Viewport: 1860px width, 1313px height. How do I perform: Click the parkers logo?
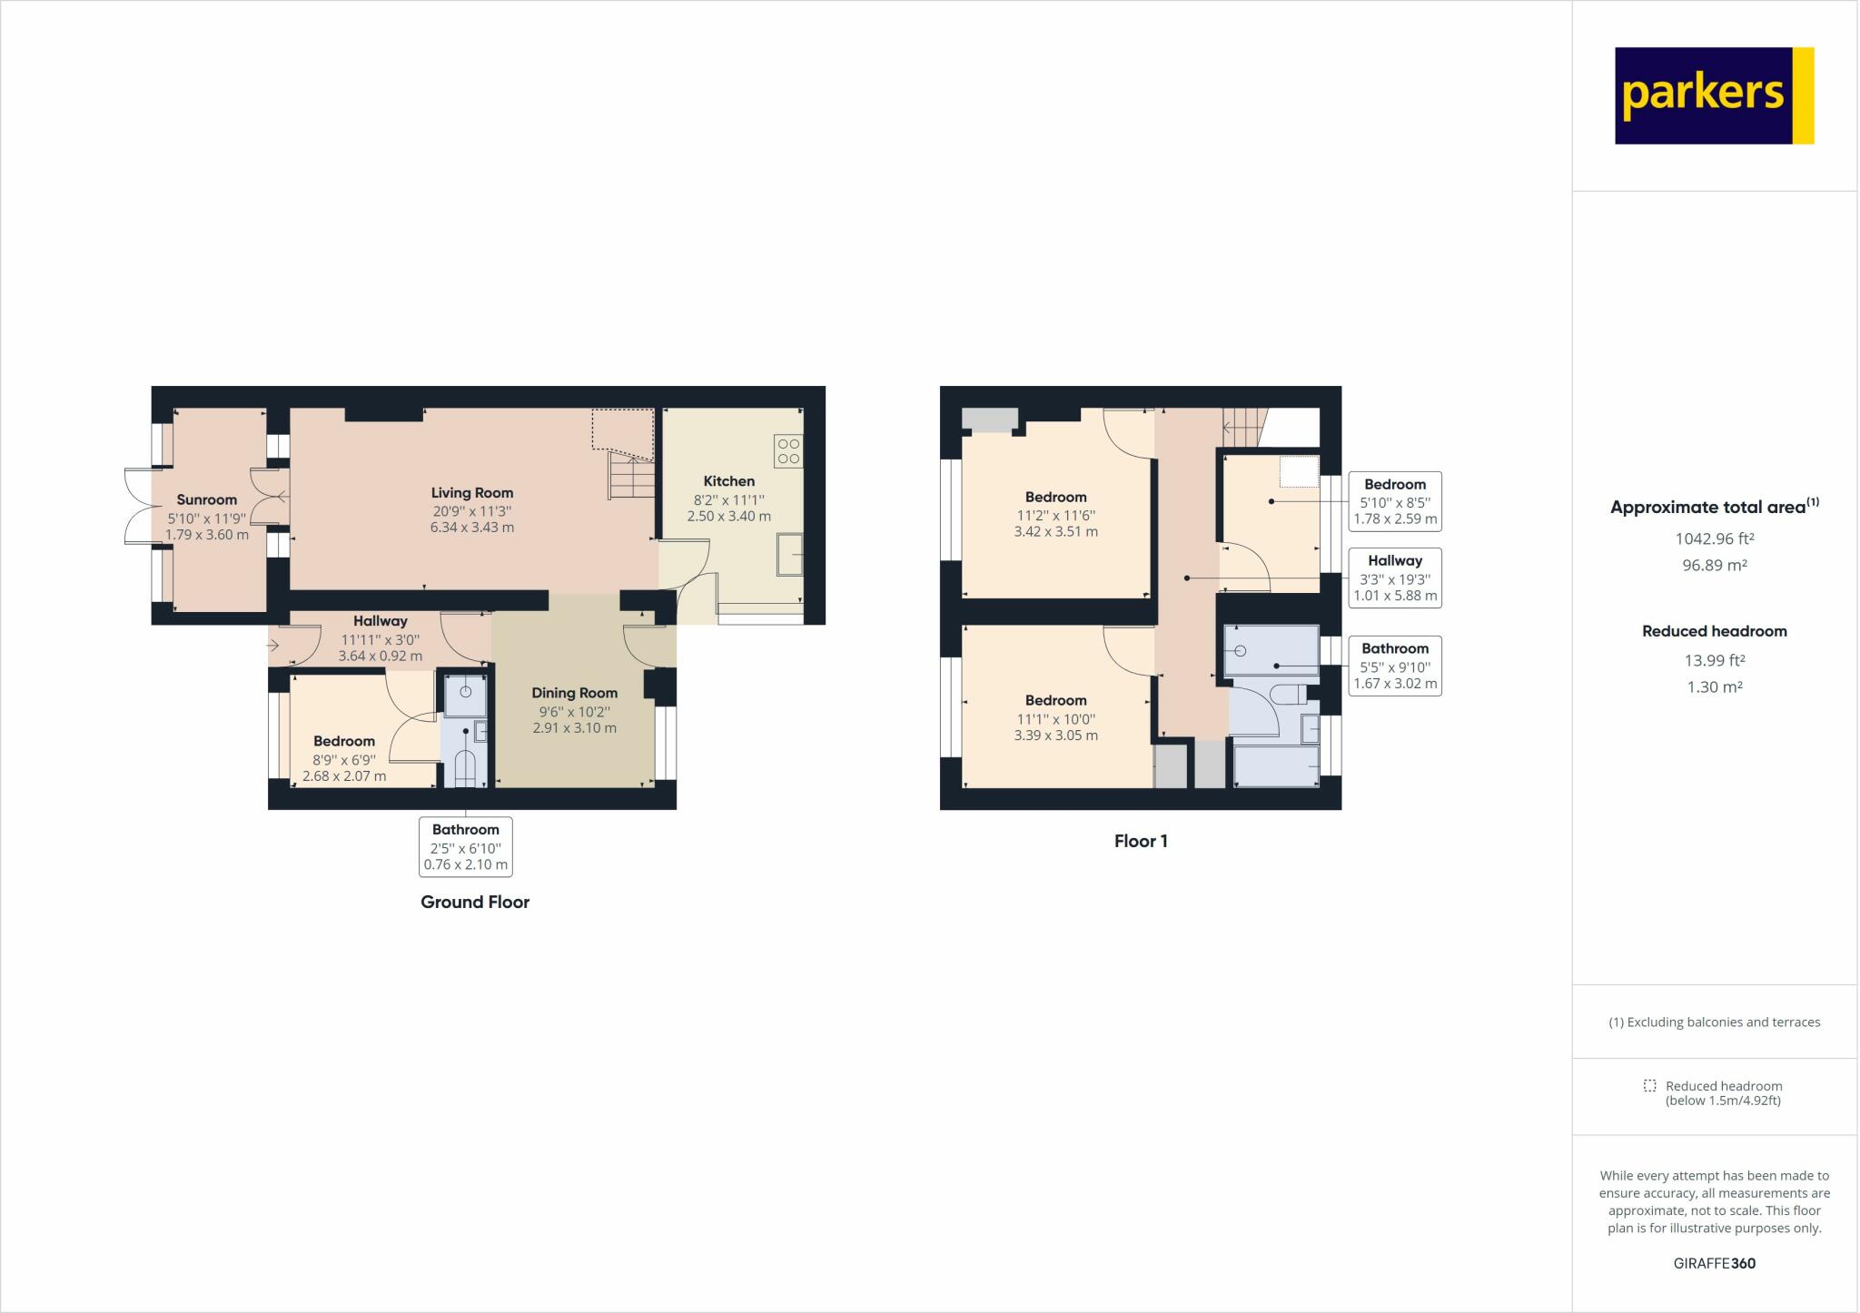coord(1714,95)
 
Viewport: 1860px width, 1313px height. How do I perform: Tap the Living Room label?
coord(472,493)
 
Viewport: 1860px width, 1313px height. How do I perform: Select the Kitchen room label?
coord(728,481)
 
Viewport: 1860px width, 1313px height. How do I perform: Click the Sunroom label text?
coord(206,499)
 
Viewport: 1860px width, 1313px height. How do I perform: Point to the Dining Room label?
coord(574,693)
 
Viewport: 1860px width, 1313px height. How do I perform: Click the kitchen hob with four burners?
coord(788,451)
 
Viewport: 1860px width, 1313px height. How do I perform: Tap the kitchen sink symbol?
coord(789,554)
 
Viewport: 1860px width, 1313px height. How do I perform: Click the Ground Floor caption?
coord(474,902)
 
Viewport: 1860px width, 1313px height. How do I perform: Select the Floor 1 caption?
coord(1141,841)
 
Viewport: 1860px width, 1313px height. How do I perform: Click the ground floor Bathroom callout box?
coord(465,846)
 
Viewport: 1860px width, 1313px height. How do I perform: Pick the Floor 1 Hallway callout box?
coord(1395,578)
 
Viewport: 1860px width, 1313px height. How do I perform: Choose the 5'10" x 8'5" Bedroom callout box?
coord(1395,501)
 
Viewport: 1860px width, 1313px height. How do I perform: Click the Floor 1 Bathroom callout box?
coord(1395,666)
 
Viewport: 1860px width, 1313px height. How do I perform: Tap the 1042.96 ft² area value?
coord(1714,538)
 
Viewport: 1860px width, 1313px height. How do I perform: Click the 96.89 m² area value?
coord(1714,565)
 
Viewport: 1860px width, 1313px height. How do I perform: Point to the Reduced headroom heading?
coord(1714,631)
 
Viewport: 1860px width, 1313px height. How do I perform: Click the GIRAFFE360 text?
coord(1714,1263)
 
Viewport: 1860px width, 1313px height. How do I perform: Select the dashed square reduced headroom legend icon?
coord(1649,1086)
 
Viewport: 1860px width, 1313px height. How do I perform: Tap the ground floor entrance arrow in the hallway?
coord(273,646)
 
